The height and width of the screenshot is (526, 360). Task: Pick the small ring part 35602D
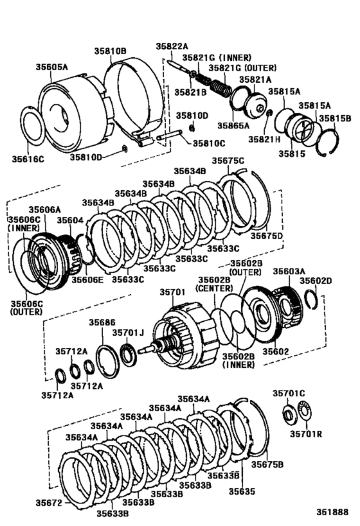(310, 301)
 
